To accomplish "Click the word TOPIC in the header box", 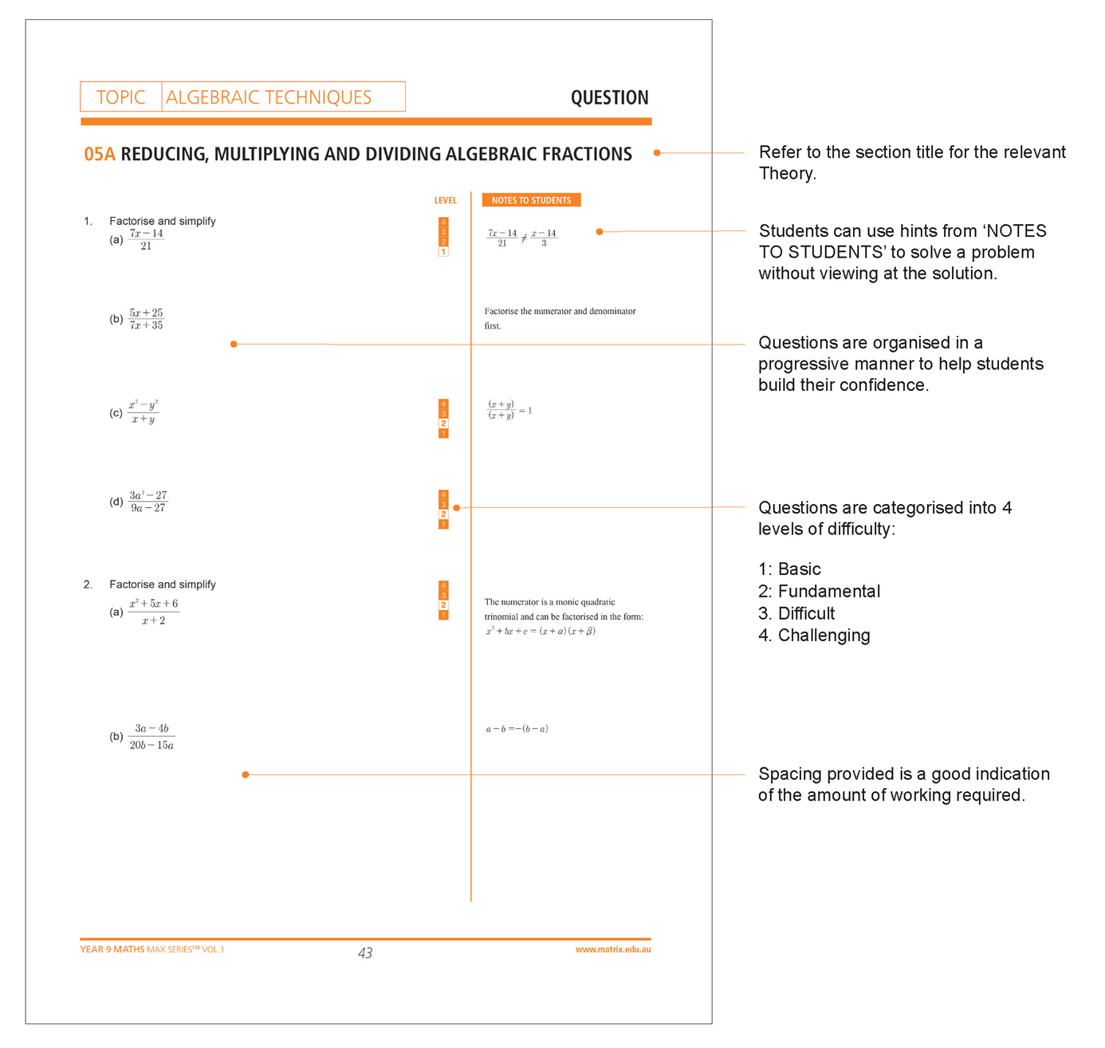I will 120,97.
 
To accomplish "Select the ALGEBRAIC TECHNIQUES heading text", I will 269,97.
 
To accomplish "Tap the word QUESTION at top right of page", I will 609,98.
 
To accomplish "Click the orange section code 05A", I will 100,154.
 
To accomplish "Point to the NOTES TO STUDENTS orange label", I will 531,200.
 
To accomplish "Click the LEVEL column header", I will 445,200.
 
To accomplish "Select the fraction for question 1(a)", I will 146,239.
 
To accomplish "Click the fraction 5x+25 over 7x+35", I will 146,319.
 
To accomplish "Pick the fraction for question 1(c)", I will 144,412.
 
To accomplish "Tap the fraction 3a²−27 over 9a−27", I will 148,502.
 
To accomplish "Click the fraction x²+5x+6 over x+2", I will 154,612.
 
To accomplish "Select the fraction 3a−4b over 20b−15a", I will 151,736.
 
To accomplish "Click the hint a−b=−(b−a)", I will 517,729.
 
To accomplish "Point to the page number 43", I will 365,953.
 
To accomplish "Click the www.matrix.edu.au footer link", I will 612,949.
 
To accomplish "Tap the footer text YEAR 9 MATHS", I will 112,949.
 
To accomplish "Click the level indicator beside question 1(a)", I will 443,237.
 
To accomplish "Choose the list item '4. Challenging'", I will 814,636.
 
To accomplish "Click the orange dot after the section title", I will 657,153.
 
